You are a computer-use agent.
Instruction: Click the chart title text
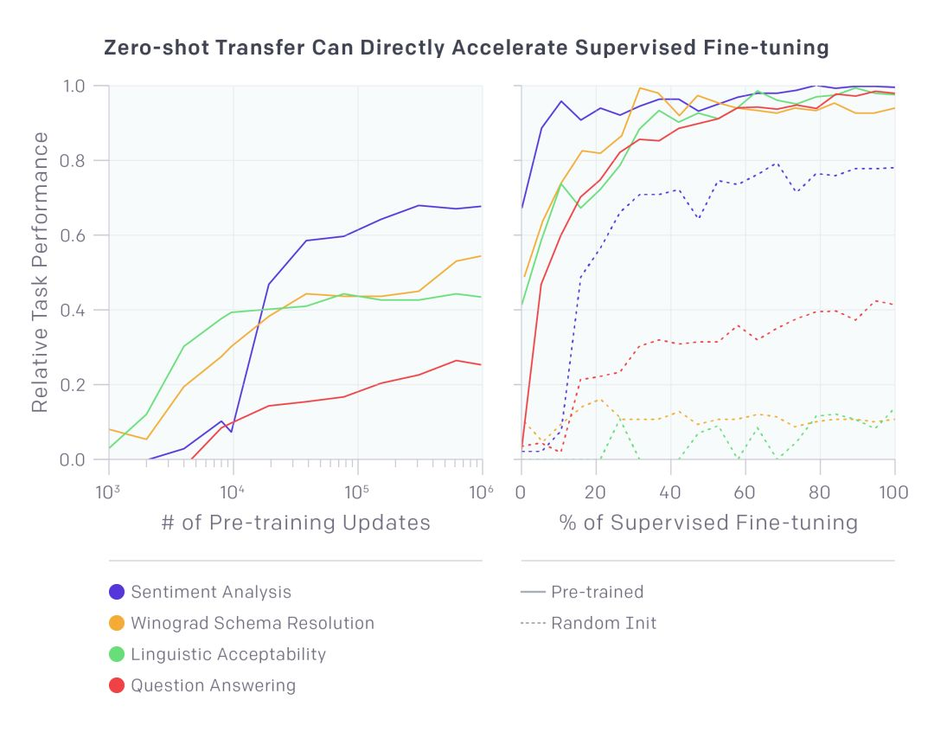[466, 48]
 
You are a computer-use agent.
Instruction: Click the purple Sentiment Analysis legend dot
[117, 592]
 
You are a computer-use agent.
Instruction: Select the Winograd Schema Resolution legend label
[253, 623]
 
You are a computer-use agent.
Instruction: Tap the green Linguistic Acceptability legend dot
[117, 654]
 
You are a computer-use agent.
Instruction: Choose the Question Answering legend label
[214, 685]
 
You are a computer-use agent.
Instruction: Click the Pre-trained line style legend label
[598, 592]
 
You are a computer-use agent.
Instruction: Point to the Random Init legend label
[604, 623]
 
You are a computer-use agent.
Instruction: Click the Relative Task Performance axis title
[41, 272]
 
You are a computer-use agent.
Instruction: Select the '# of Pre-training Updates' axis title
[295, 523]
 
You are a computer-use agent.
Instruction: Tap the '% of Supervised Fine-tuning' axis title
[707, 523]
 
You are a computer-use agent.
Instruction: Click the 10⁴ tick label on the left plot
[232, 492]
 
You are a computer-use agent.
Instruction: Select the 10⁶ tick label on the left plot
[480, 492]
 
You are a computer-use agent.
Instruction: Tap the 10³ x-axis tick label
[109, 492]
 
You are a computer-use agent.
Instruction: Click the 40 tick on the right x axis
[670, 492]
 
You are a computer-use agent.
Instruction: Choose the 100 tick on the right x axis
[893, 492]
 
